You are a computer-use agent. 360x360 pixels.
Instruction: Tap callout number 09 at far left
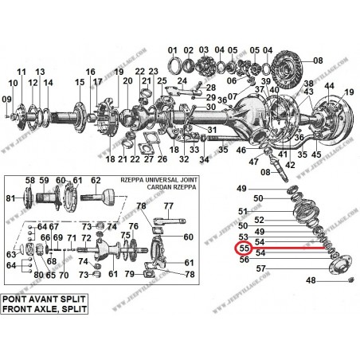[6, 99]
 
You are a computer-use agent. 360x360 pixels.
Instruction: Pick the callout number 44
[328, 85]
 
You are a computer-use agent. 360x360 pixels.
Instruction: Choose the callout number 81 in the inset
[10, 198]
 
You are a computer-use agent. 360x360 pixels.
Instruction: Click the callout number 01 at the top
[173, 50]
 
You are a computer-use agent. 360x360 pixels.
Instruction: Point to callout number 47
[255, 160]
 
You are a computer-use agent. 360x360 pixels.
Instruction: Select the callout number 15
[79, 83]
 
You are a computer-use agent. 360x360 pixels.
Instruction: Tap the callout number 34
[204, 159]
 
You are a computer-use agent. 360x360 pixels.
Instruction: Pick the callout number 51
[243, 211]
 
